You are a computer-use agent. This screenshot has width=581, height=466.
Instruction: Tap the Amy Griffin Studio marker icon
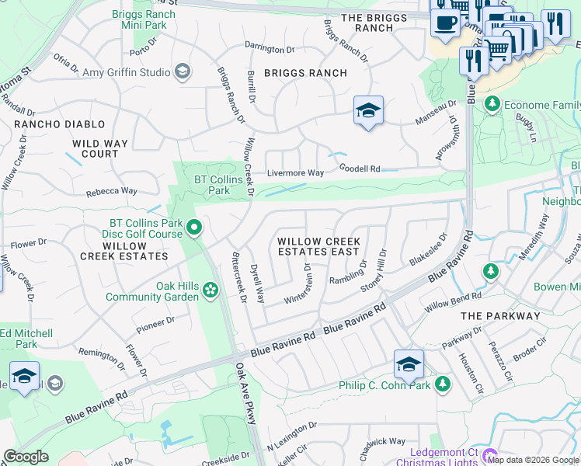[x=183, y=72]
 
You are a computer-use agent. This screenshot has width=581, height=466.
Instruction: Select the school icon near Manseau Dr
[x=368, y=110]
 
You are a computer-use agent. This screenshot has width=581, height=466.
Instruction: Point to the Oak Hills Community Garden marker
[x=210, y=291]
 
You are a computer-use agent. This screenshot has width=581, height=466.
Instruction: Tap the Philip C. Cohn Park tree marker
[x=443, y=384]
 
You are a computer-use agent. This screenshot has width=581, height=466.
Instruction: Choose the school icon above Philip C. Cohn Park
[x=409, y=363]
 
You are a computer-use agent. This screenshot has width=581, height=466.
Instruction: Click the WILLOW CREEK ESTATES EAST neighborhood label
[x=318, y=247]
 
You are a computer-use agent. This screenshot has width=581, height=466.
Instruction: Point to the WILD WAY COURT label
[x=106, y=148]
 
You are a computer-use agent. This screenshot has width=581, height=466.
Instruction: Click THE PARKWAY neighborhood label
[x=499, y=316]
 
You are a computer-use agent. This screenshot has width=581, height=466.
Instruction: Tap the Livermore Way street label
[x=295, y=173]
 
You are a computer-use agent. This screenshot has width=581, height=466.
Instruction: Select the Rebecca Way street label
[x=111, y=191]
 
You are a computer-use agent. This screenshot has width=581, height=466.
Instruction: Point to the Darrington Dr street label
[x=270, y=49]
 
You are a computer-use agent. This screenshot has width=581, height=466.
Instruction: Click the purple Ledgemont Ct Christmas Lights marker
[x=489, y=454]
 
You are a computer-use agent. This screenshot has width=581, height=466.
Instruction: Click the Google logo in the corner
[x=26, y=457]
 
